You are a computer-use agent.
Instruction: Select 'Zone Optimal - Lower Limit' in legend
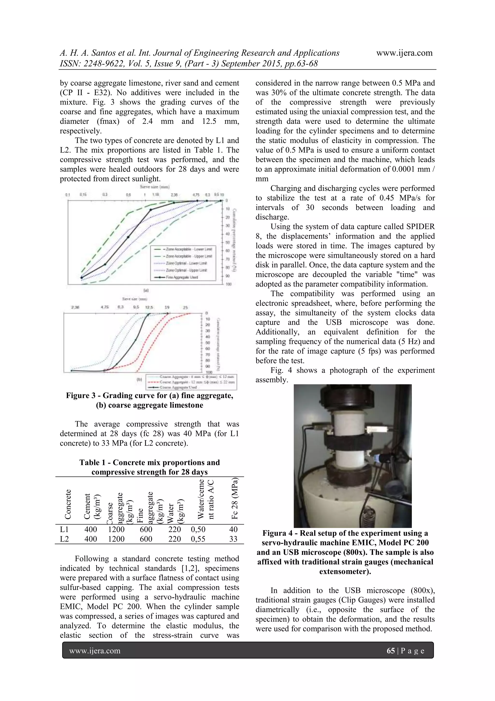[x=186, y=263]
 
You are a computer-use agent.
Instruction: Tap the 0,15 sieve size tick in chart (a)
[x=83, y=195]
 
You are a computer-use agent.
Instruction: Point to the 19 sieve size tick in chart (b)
[x=167, y=308]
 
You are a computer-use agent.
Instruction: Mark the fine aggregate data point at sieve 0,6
[x=128, y=237]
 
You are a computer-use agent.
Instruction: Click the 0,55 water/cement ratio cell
[x=198, y=539]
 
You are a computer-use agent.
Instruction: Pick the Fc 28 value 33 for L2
[x=233, y=539]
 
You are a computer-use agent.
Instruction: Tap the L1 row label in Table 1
[x=64, y=529]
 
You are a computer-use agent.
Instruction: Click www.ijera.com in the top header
[x=404, y=53]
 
